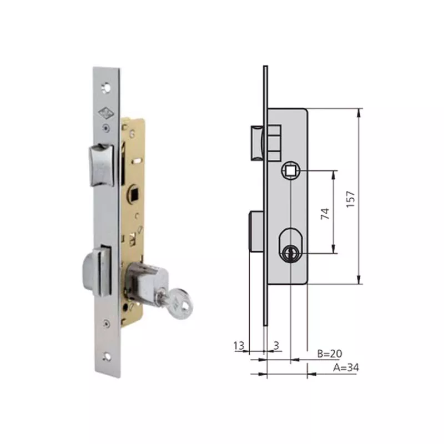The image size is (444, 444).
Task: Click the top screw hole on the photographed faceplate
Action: [x=105, y=87]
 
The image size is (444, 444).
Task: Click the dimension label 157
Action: [x=350, y=196]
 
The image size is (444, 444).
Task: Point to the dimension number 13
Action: [x=239, y=346]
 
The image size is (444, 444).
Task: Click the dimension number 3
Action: [x=276, y=346]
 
